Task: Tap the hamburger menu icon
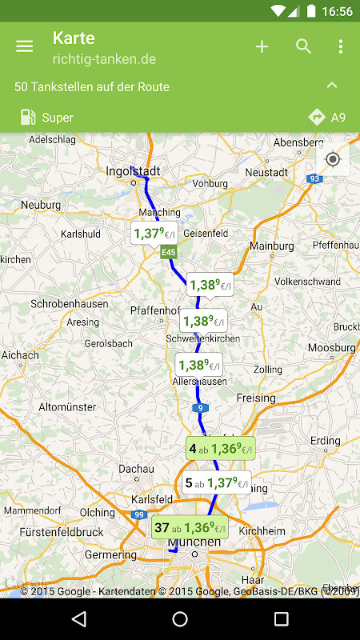25,46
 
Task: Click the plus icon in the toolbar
262,46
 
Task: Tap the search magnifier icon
303,46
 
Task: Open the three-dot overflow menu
341,46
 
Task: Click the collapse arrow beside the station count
332,86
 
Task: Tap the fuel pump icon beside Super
28,118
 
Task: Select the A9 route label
327,118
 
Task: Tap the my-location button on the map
333,159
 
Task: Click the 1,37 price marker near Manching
154,234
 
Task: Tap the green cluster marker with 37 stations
190,527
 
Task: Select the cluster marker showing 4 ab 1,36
220,449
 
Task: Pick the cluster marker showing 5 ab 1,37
216,483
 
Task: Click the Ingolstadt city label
134,171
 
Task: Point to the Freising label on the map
256,398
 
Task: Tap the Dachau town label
136,469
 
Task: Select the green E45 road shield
168,253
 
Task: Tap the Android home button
180,619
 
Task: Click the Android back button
78,619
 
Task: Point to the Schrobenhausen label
68,304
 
